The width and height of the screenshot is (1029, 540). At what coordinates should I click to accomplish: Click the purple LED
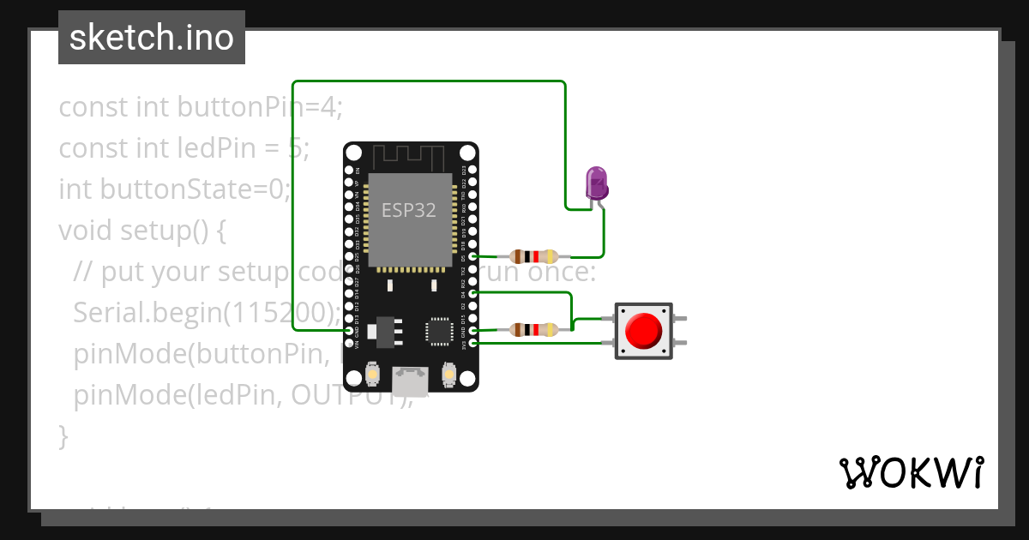tap(596, 183)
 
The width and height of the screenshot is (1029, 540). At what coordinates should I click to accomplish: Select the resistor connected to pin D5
tap(533, 256)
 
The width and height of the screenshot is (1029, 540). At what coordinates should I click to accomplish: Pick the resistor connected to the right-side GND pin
tap(533, 329)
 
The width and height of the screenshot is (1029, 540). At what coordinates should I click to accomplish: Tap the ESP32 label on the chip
tap(409, 211)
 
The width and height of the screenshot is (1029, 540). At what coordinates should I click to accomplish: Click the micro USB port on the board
tap(411, 378)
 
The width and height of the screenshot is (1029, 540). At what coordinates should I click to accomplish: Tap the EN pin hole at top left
tap(349, 170)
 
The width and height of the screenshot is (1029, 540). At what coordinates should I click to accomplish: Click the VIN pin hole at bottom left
tap(349, 343)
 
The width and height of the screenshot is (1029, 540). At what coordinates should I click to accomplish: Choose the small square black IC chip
tap(439, 331)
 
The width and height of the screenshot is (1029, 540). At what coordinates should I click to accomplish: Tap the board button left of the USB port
tap(373, 374)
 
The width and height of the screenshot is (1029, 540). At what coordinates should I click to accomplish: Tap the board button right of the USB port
tap(448, 374)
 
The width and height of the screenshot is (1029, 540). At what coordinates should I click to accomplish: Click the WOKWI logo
tap(910, 472)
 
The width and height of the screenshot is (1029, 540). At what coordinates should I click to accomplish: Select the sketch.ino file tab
tap(152, 38)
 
